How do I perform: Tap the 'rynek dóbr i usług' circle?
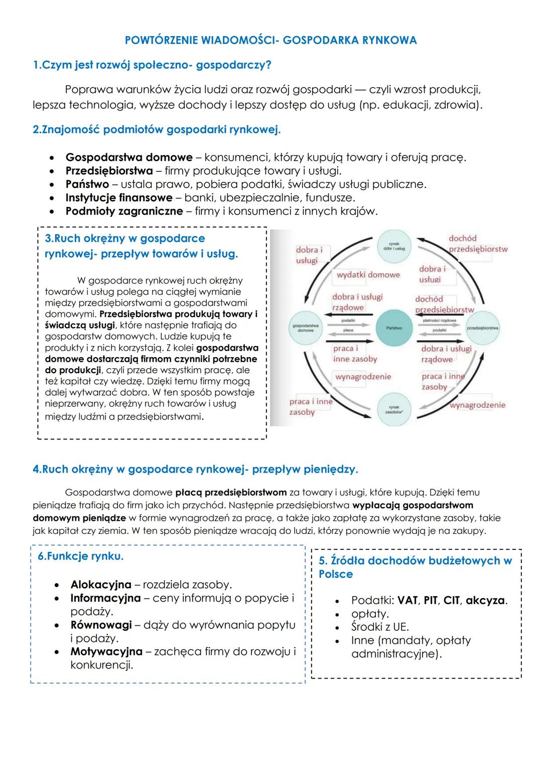coord(394,247)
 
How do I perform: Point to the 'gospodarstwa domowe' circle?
coord(306,328)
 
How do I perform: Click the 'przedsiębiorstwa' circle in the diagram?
coord(482,328)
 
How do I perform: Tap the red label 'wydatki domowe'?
coord(368,275)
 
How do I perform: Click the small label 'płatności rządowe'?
coord(440,320)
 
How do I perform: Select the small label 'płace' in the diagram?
coord(348,330)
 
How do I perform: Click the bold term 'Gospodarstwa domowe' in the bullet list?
coord(129,157)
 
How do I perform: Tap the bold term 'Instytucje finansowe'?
coord(118,197)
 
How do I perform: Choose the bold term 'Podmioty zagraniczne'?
coord(124,211)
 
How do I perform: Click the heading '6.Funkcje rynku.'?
coord(80,556)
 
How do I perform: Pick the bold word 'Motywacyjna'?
coord(106,651)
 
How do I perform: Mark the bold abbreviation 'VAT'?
coord(407,600)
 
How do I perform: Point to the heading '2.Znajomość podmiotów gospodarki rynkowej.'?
coord(156,130)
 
